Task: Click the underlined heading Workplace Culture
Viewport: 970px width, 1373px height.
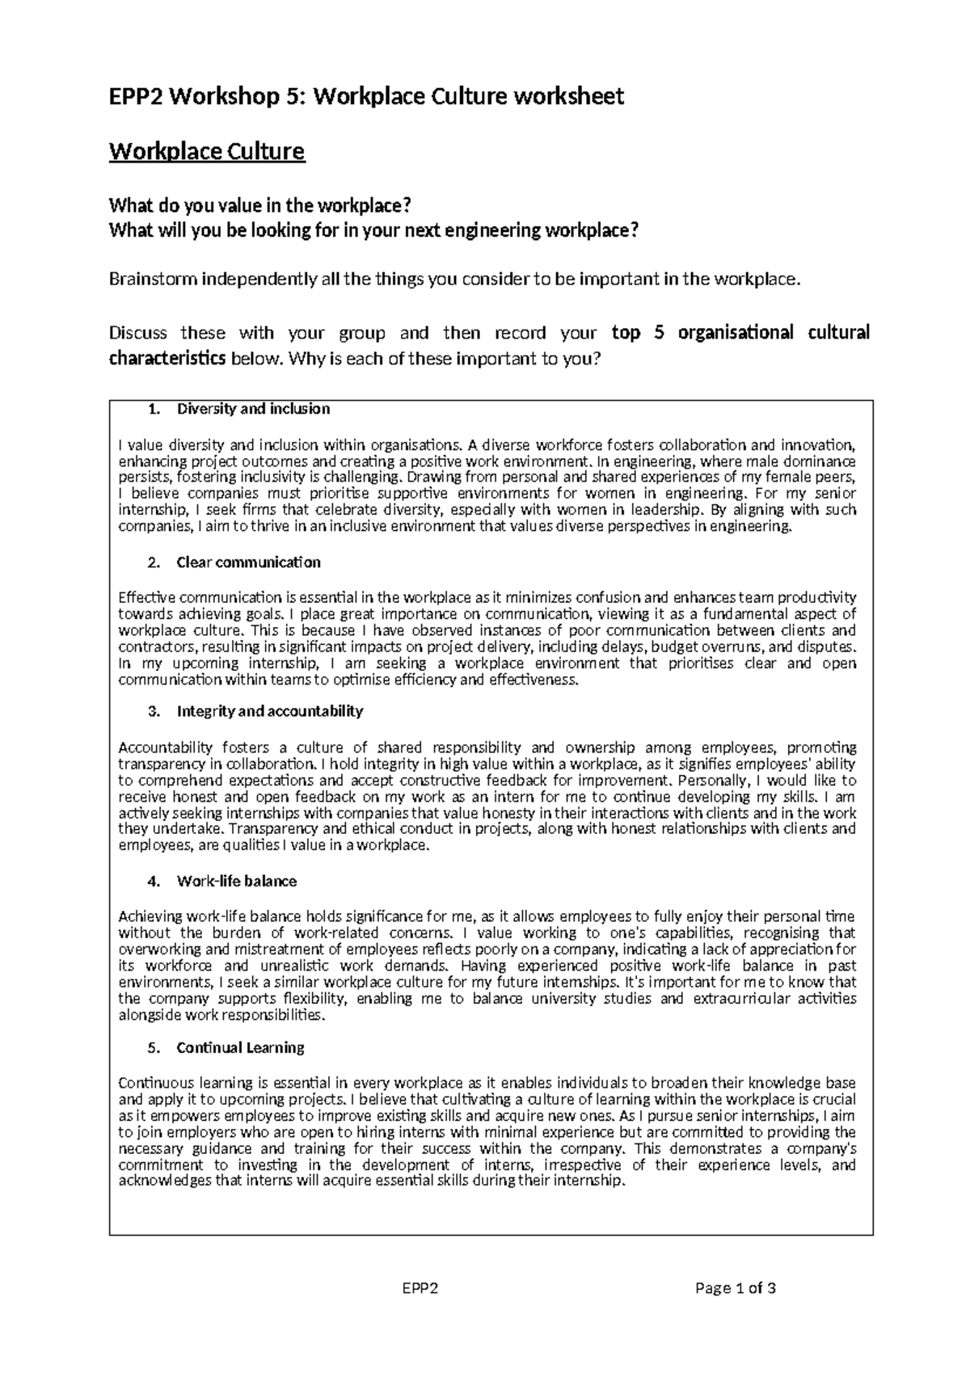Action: tap(207, 152)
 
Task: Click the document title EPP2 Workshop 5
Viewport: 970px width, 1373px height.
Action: tap(366, 97)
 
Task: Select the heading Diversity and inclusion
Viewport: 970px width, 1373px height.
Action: tap(253, 409)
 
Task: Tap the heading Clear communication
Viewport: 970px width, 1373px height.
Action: tap(248, 562)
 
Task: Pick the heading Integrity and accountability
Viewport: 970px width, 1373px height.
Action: tap(269, 711)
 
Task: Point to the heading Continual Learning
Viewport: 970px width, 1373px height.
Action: tap(240, 1047)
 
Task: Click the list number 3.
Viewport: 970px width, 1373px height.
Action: tap(154, 711)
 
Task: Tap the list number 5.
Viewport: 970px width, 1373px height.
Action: tap(154, 1047)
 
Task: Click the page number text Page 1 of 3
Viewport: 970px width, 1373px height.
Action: tap(735, 1289)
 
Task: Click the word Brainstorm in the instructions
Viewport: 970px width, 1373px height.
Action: tap(151, 280)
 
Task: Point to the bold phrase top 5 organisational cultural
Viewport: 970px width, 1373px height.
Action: tap(740, 333)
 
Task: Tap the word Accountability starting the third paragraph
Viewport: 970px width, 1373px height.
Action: tap(165, 748)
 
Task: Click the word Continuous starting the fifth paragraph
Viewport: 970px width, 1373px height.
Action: tap(156, 1083)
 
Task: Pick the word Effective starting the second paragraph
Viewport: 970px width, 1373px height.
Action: tap(146, 598)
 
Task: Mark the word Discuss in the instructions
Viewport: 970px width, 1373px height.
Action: tap(138, 333)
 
